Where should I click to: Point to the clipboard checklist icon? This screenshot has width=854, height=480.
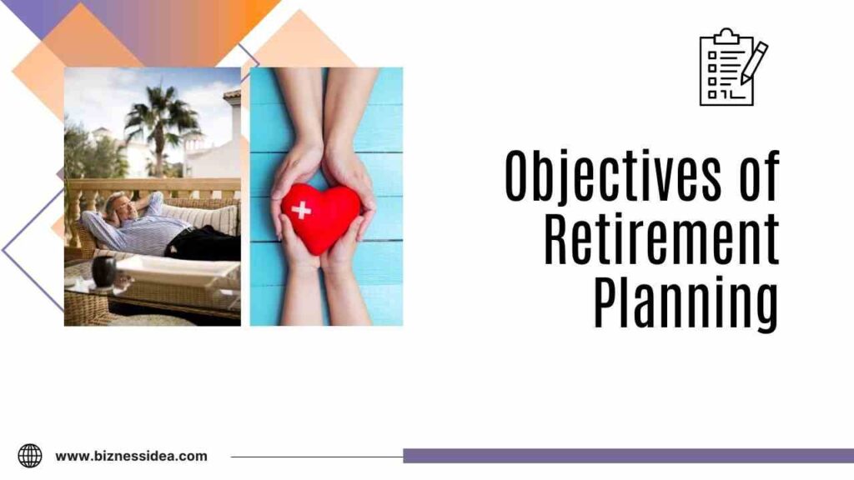click(726, 67)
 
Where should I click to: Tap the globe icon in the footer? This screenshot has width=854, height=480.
click(30, 455)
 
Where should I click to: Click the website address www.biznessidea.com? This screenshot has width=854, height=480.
click(131, 456)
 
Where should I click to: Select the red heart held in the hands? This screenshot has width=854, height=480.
click(319, 216)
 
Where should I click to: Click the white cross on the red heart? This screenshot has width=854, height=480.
click(301, 210)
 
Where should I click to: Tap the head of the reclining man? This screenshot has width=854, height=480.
click(116, 203)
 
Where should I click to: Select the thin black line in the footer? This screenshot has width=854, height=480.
click(316, 456)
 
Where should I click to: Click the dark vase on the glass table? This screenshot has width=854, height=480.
click(104, 271)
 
